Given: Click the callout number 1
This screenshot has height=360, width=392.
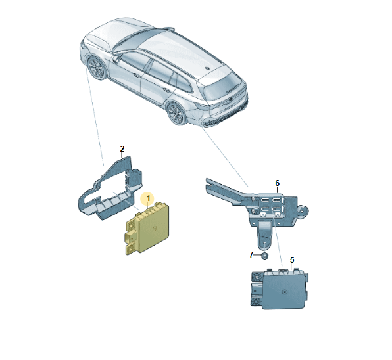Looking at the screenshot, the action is click(148, 199).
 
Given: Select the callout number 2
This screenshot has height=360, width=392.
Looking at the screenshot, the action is click(122, 149).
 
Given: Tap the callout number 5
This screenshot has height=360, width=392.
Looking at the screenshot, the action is click(292, 260).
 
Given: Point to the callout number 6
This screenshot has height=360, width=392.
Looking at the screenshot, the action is click(278, 183).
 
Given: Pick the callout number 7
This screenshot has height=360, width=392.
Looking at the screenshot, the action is click(251, 255).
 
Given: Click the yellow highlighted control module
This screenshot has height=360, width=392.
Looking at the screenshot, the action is click(147, 228).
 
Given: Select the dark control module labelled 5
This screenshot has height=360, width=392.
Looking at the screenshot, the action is click(280, 289).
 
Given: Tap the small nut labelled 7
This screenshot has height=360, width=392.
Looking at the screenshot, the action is click(264, 256).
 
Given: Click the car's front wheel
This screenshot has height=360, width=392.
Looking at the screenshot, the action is click(96, 68).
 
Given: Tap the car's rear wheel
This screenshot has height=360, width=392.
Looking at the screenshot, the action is click(176, 114).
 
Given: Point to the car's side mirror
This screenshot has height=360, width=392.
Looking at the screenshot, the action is click(116, 58).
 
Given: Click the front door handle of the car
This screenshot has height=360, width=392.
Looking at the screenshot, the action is click(137, 75).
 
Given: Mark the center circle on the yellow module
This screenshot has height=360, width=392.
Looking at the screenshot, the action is click(155, 228).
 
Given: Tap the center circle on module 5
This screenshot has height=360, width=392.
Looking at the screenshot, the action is click(285, 292).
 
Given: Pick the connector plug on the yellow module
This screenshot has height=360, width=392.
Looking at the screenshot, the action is click(130, 236).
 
